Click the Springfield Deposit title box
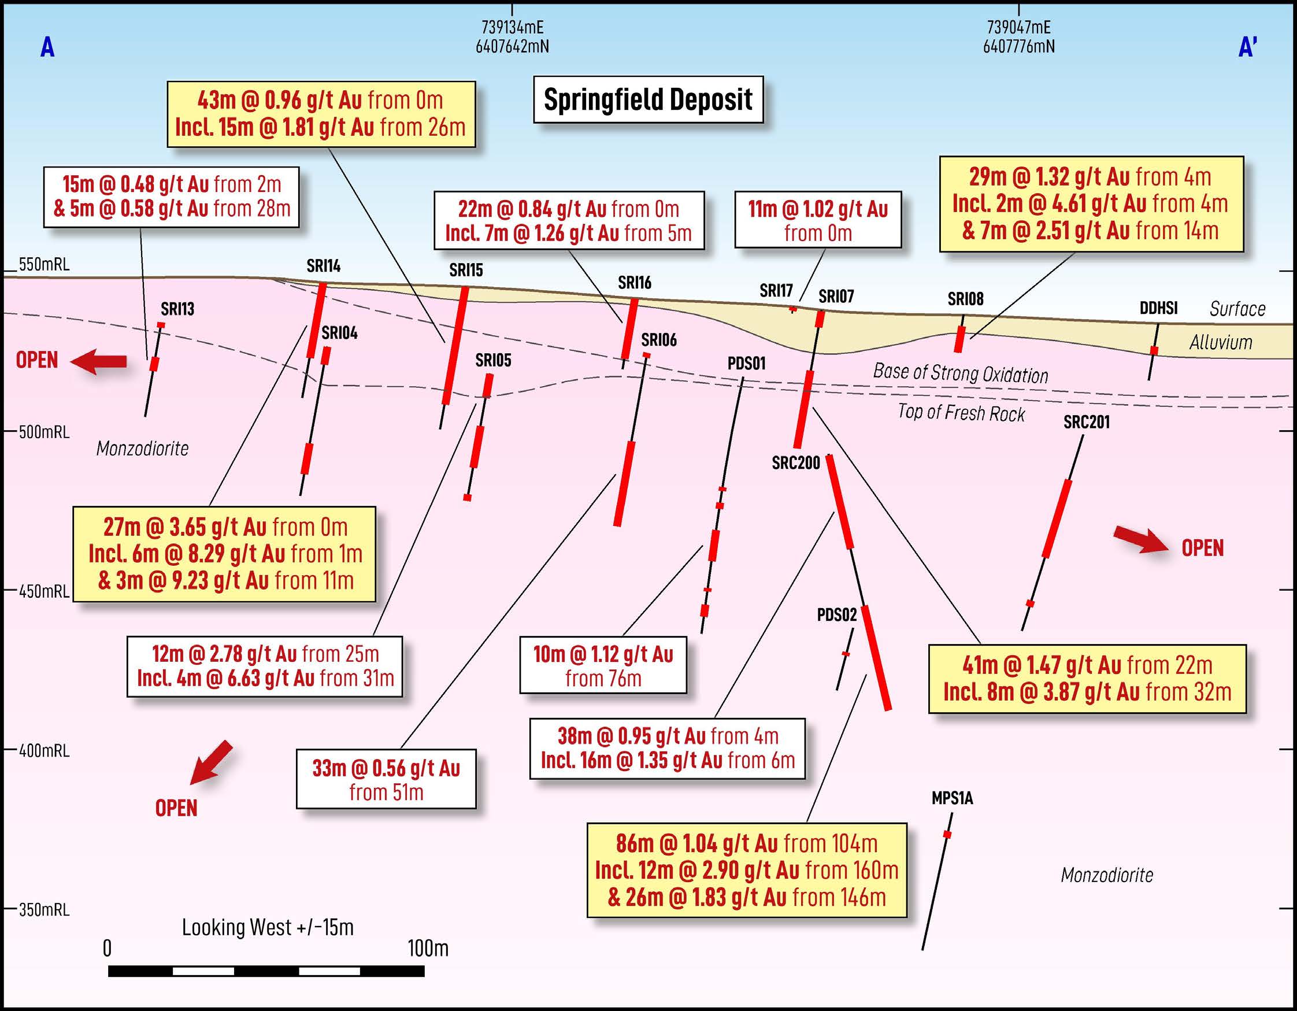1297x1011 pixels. coord(648,100)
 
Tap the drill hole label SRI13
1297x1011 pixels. coord(177,309)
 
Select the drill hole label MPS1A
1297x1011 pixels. coord(952,798)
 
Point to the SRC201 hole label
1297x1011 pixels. coord(1086,423)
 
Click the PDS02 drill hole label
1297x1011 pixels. coord(837,615)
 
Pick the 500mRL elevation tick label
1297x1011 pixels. coord(43,432)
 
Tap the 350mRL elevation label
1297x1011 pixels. coord(43,909)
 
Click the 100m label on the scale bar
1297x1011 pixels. coord(428,949)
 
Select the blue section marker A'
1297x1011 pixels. coord(1248,47)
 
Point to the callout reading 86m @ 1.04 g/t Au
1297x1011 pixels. coord(747,870)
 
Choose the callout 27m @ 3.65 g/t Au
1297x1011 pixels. coord(224,554)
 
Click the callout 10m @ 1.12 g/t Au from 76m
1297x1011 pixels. coord(603,665)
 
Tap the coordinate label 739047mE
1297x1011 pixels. coord(1018,27)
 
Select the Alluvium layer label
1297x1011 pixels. coord(1220,342)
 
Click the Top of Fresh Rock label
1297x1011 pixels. coord(961,412)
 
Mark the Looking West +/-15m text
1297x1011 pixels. coord(267,927)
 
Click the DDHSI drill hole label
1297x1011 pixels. coord(1158,308)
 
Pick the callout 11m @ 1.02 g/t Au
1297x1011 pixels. coord(818,220)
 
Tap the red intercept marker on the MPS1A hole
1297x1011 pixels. coord(947,835)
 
